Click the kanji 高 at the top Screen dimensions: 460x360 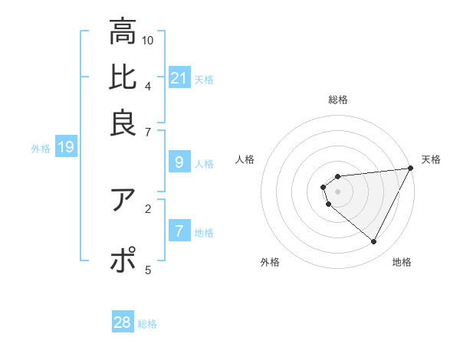click(x=123, y=33)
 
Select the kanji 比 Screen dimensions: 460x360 click(x=123, y=77)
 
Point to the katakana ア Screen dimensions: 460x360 click(x=123, y=200)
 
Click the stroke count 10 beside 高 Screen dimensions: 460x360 click(x=148, y=40)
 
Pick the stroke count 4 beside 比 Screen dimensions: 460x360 click(x=148, y=85)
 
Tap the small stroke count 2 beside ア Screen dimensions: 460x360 click(x=148, y=208)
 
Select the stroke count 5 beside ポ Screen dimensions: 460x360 click(x=148, y=269)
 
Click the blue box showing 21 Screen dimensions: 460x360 click(x=179, y=77)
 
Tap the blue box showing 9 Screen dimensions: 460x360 click(x=179, y=162)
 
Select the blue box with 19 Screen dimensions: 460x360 click(x=65, y=147)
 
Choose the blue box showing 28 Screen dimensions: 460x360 click(x=123, y=322)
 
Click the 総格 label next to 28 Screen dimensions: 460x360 click(x=147, y=324)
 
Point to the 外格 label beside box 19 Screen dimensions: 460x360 click(x=41, y=149)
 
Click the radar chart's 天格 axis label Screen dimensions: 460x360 click(x=431, y=159)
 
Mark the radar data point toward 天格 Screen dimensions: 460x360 click(x=411, y=169)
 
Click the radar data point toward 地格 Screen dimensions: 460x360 click(x=374, y=242)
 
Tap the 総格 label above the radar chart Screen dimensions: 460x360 click(x=338, y=100)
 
